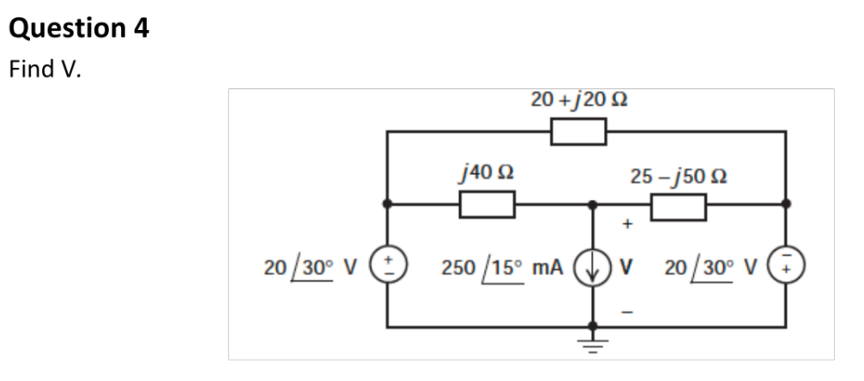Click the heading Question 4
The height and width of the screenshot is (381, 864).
tap(79, 28)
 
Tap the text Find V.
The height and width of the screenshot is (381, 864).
tap(45, 70)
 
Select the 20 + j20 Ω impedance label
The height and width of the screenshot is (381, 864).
tap(582, 100)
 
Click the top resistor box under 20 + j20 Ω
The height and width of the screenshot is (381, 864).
tap(579, 132)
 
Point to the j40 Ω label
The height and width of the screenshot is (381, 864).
tap(486, 174)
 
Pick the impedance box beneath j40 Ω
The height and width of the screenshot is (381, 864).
tap(486, 205)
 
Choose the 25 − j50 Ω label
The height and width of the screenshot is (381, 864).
tap(679, 177)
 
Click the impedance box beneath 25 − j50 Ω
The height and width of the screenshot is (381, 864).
tap(679, 206)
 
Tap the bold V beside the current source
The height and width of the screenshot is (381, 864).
tap(626, 266)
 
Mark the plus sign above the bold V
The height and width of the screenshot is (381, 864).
tap(627, 226)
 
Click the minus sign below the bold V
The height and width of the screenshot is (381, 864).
tap(627, 307)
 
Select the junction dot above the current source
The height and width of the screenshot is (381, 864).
tap(592, 205)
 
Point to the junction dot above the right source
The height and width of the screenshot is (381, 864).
tap(786, 205)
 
